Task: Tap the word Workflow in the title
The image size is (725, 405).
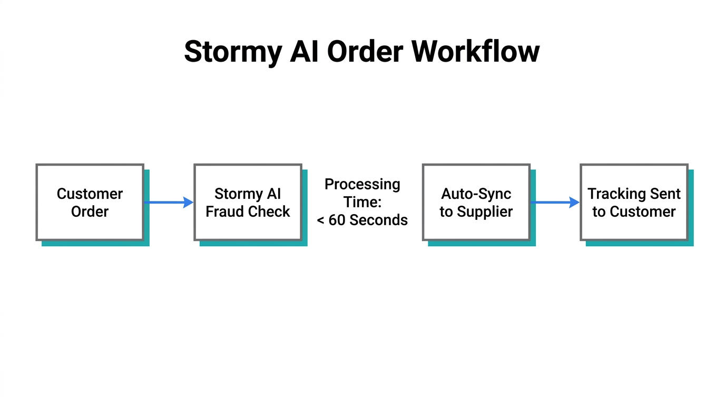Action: [x=475, y=51]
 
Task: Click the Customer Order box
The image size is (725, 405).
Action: [x=90, y=202]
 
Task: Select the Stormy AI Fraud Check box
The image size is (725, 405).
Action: [x=248, y=202]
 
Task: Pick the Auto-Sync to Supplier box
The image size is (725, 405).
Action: [x=476, y=202]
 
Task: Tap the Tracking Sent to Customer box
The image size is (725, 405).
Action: [x=634, y=202]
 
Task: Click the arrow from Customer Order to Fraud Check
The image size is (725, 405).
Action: [x=169, y=202]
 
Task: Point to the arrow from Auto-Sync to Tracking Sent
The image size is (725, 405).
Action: [x=555, y=202]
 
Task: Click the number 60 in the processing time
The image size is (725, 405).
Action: [x=337, y=220]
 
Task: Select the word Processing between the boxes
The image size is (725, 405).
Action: [x=362, y=185]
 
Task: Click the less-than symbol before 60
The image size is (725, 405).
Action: [x=320, y=220]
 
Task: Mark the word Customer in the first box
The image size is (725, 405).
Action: [x=90, y=194]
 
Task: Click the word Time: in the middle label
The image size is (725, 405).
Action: [x=362, y=202]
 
